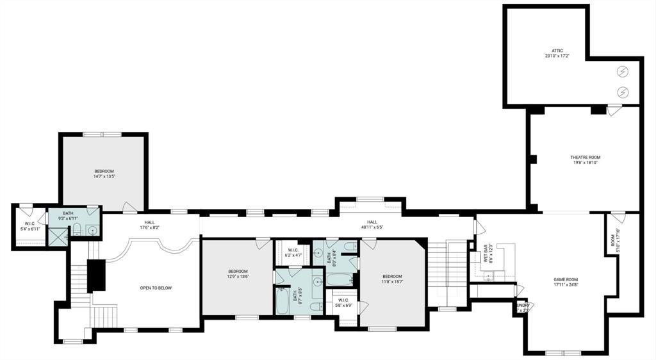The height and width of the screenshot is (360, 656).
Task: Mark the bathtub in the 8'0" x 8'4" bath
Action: (339, 279)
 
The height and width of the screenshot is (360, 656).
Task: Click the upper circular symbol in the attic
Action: (621, 71)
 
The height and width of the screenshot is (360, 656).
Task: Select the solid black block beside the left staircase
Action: (95, 275)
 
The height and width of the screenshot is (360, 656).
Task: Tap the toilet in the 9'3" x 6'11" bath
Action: (76, 229)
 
